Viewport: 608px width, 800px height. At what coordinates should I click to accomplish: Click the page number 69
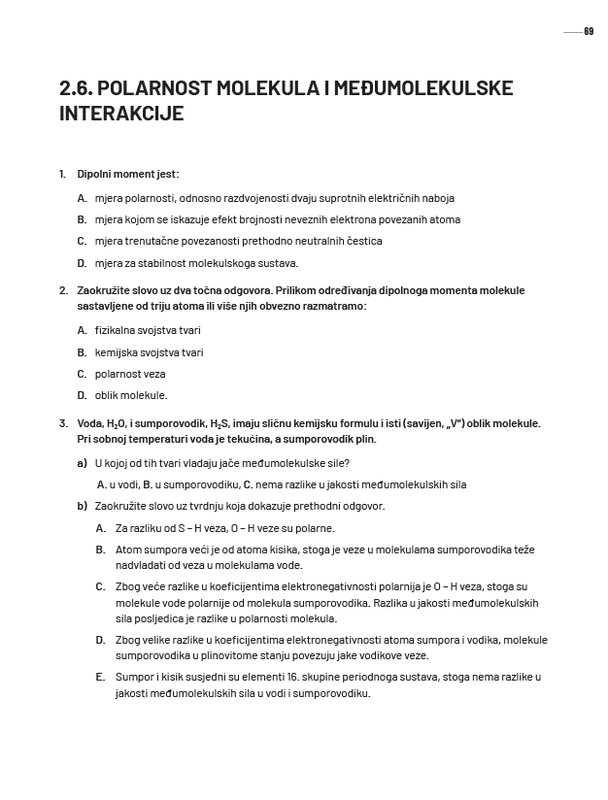click(589, 32)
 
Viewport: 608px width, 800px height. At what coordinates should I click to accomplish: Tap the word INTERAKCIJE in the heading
click(121, 114)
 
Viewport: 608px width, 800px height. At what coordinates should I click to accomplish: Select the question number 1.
click(62, 175)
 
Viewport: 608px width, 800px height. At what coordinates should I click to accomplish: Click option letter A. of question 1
click(82, 198)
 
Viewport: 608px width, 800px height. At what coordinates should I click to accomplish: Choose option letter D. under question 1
click(82, 263)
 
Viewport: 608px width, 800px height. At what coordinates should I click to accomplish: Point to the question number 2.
click(62, 290)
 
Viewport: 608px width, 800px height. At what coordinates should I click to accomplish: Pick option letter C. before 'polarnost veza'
click(82, 374)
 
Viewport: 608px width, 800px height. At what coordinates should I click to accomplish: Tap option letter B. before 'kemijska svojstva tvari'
click(82, 352)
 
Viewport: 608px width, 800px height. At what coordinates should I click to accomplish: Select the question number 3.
click(62, 423)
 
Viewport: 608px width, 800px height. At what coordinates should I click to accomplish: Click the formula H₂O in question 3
click(118, 424)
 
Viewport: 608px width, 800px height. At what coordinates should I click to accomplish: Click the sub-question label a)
click(82, 463)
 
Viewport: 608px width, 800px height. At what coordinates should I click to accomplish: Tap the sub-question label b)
click(82, 506)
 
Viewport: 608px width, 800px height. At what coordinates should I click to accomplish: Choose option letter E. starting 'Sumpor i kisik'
click(100, 676)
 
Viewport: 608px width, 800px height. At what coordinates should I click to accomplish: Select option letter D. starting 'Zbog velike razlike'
click(100, 640)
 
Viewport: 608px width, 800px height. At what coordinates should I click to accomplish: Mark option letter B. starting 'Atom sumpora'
click(100, 550)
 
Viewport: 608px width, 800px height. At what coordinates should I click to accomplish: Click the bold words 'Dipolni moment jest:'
click(128, 175)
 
